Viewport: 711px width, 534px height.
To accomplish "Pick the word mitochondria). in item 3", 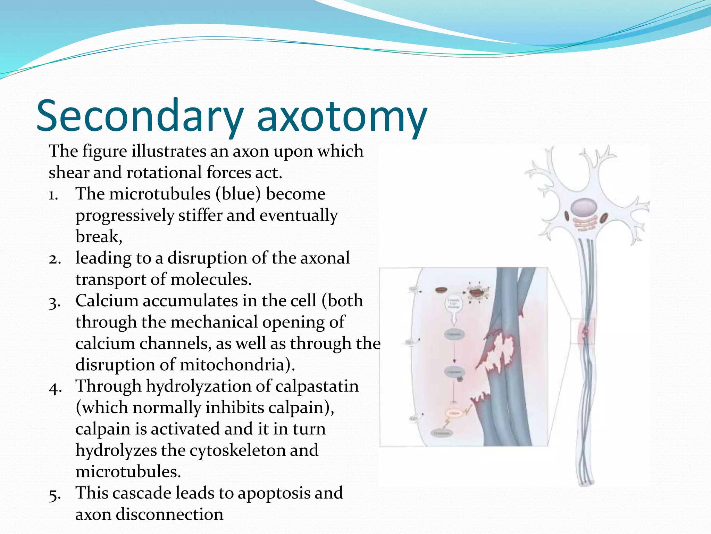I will click(237, 365).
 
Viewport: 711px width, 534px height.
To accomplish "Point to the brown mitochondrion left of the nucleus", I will click(567, 216).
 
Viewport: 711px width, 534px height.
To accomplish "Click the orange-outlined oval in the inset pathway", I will click(454, 413).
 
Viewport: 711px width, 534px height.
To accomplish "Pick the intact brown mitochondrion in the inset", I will click(442, 290).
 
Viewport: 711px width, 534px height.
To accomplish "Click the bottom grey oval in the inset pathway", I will click(442, 433).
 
